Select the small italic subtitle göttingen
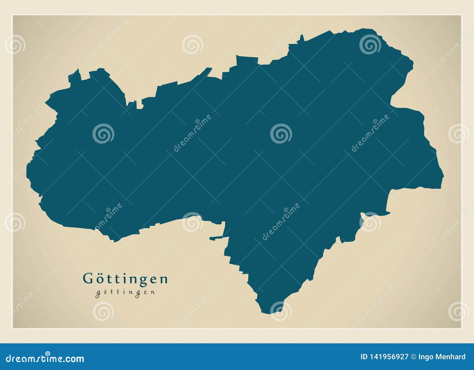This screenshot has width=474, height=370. tap(125, 292)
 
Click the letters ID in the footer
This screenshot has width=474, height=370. tap(364, 357)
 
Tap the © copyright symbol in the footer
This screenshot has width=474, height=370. tap(413, 357)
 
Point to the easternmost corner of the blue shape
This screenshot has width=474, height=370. tap(443, 177)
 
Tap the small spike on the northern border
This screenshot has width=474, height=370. tap(302, 37)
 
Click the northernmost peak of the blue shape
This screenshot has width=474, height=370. tap(367, 29)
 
